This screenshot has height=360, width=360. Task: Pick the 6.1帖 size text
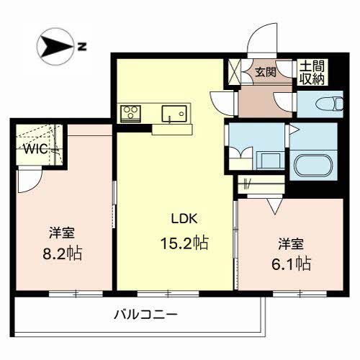point(292,264)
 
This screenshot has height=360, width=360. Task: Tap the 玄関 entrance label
point(264,71)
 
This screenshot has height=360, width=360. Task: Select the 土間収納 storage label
point(311,71)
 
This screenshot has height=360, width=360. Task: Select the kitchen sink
point(173,112)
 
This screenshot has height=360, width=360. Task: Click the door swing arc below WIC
point(29,181)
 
